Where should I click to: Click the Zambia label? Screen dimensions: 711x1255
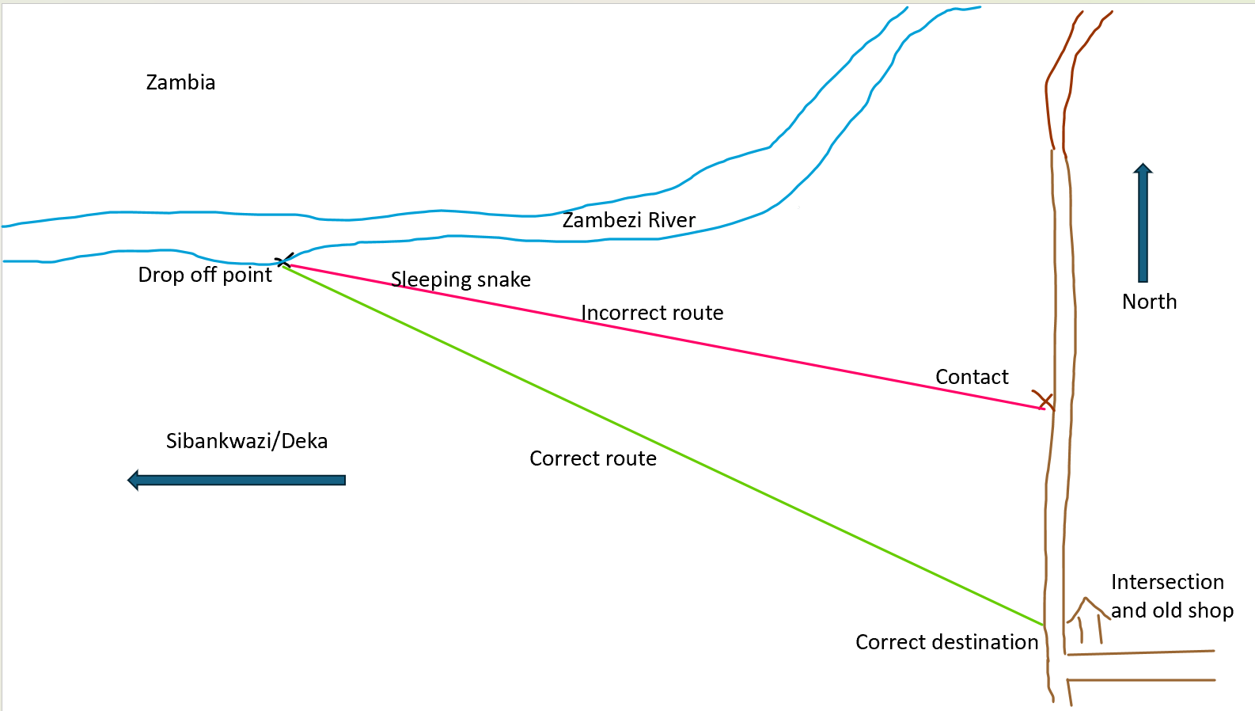click(x=180, y=82)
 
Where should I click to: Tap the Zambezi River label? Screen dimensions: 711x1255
click(x=628, y=220)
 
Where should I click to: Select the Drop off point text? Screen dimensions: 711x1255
click(x=204, y=275)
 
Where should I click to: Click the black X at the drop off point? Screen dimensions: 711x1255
click(x=284, y=260)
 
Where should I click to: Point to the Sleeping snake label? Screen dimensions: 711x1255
click(x=461, y=279)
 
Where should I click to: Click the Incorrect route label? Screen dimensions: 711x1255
click(x=652, y=313)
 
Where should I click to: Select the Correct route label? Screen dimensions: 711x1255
click(x=593, y=458)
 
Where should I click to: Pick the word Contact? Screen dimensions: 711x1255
click(x=972, y=377)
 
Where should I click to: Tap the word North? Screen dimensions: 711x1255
click(x=1149, y=302)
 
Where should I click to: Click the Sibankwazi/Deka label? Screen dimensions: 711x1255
click(x=246, y=441)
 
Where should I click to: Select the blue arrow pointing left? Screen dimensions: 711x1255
click(x=237, y=480)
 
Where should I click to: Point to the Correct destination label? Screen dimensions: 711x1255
click(x=946, y=642)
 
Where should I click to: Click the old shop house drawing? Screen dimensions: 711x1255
click(x=1088, y=618)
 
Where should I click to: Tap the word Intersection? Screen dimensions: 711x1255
click(x=1167, y=582)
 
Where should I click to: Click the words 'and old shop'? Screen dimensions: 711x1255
click(x=1172, y=610)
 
